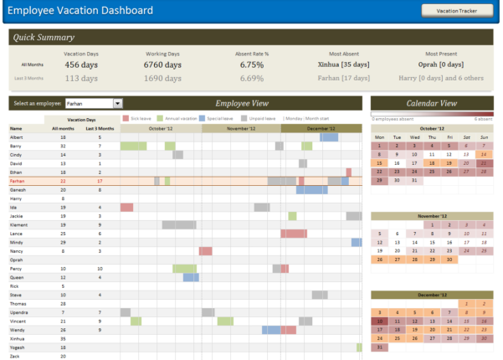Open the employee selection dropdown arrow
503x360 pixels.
pos(117,104)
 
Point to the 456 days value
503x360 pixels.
pos(82,64)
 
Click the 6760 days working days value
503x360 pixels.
pos(162,64)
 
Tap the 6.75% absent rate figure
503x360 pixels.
pos(252,64)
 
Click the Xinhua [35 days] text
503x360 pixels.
pos(344,64)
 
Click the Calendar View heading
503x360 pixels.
pos(431,104)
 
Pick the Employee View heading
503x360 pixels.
pos(242,104)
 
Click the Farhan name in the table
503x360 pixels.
pos(18,181)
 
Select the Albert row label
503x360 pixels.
pos(16,136)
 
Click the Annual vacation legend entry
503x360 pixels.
pos(182,119)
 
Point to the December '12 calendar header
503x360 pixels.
pos(431,296)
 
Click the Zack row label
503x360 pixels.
pos(15,356)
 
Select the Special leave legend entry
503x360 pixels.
pos(223,119)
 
